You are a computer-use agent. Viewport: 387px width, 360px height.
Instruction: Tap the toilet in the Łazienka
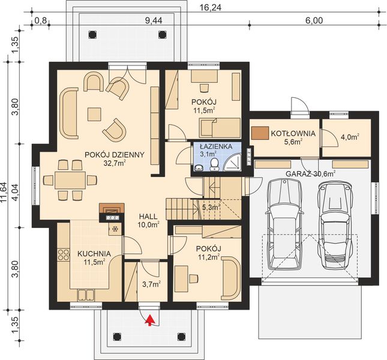[x=214, y=164]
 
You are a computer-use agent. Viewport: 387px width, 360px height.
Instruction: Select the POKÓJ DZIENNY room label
[x=114, y=155]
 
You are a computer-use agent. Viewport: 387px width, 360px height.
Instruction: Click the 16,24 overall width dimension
[x=211, y=8]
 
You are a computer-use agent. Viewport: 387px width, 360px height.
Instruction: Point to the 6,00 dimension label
[x=314, y=21]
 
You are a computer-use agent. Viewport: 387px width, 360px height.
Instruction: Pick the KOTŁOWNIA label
[x=293, y=133]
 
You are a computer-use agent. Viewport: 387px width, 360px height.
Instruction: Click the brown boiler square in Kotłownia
[x=260, y=133]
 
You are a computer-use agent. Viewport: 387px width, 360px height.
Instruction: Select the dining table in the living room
[x=70, y=181]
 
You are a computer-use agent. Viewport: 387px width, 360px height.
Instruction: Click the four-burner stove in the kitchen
[x=64, y=254]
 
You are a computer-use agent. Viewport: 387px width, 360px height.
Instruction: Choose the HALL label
[x=148, y=217]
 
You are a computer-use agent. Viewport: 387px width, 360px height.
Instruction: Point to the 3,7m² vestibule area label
[x=152, y=284]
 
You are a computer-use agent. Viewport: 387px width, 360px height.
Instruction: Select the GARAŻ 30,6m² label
[x=310, y=174]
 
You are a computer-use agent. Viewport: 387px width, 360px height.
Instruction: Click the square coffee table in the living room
[x=94, y=114]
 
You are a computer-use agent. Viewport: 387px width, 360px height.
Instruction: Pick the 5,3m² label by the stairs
[x=211, y=208]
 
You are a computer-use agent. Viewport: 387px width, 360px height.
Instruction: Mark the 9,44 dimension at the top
[x=154, y=21]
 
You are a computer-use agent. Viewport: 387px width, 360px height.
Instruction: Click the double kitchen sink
[x=86, y=295]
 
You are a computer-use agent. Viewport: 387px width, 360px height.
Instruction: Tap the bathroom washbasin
[x=199, y=168]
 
